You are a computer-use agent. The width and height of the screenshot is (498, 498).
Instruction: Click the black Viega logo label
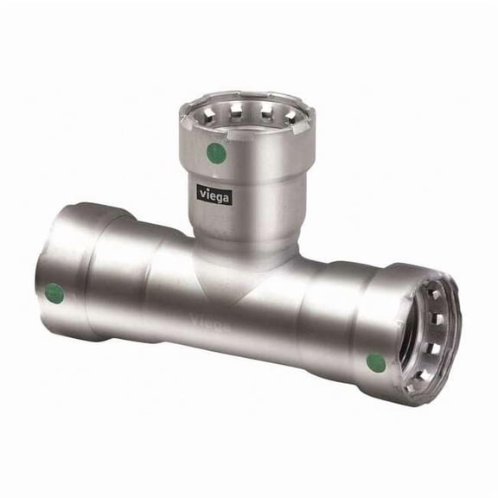(214, 195)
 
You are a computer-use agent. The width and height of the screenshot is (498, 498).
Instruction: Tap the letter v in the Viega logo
(202, 193)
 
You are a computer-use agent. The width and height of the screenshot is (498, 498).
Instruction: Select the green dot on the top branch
(216, 153)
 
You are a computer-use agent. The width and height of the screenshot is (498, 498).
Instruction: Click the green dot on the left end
(54, 293)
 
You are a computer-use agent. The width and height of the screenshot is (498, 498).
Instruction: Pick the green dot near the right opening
(376, 363)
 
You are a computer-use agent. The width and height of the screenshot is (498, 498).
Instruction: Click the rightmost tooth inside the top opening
(290, 118)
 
